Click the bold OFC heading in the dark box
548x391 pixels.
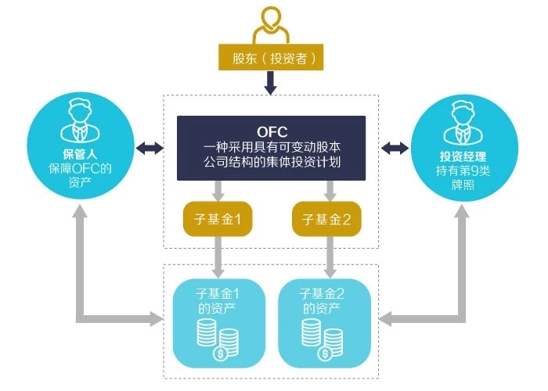coord(271,131)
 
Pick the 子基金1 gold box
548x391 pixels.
coord(217,220)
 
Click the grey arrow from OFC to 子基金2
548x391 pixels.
coord(328,190)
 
